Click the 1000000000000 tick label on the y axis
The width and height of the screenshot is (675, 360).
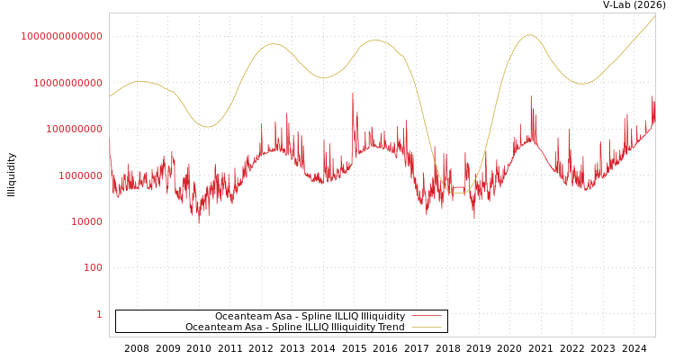(x=62, y=36)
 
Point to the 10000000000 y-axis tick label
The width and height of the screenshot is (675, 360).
(x=67, y=83)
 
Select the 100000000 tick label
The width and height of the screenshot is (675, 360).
(x=73, y=130)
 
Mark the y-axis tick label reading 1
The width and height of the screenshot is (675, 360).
(x=99, y=314)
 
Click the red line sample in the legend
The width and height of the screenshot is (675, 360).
(x=427, y=316)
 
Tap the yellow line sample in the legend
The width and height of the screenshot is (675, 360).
(x=427, y=327)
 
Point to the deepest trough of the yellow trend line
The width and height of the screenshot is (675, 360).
(x=458, y=193)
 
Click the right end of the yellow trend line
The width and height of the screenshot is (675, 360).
(x=655, y=15)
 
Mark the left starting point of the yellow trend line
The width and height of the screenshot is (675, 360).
(x=110, y=96)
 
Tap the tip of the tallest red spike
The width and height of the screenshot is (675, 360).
(x=353, y=92)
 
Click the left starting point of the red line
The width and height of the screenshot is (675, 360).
(x=110, y=140)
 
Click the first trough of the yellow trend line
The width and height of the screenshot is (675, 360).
(x=207, y=127)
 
